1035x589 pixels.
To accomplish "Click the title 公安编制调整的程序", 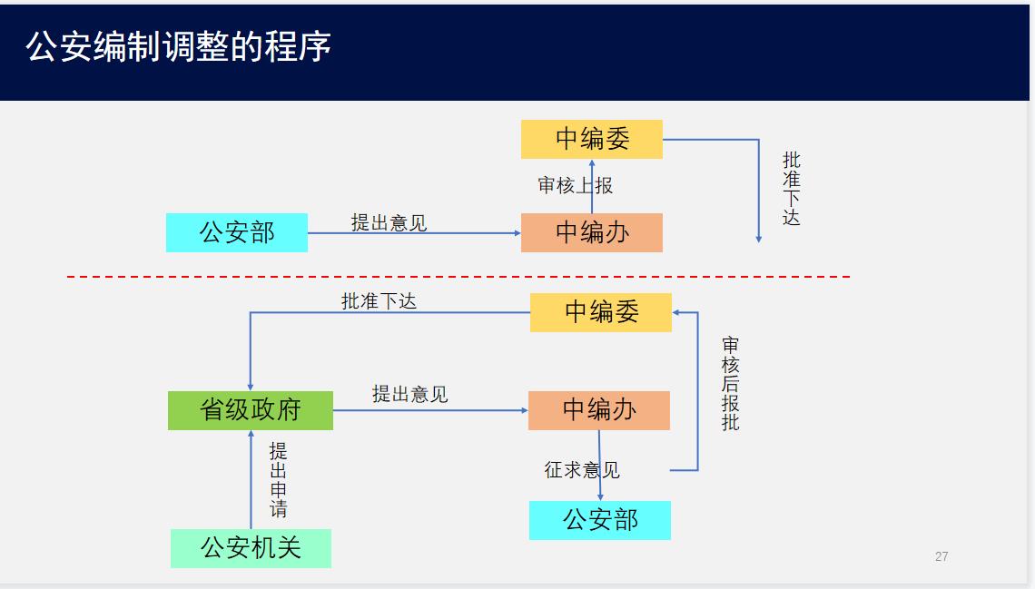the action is pos(178,47).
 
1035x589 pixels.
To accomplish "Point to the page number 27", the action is pos(941,556).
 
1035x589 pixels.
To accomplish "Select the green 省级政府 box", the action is pos(251,410).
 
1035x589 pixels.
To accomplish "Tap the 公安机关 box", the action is pos(251,548).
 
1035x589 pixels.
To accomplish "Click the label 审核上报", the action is pos(575,185).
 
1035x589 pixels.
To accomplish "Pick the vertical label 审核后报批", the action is pos(730,383).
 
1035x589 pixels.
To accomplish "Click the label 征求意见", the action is pos(582,469).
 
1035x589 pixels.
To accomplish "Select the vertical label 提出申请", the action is pos(278,479).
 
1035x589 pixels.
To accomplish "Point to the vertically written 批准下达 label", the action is pos(791,189).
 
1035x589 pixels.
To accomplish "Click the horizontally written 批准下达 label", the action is pos(379,301).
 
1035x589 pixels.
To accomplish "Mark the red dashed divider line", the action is pos(458,277).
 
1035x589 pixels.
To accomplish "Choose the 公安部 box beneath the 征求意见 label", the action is pos(600,520).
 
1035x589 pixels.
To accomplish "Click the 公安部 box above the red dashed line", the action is pos(237,232).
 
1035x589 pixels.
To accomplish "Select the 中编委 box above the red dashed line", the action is pos(592,139).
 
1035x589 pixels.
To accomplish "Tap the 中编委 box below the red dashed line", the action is pos(601,312).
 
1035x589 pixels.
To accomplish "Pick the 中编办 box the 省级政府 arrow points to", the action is pos(598,410).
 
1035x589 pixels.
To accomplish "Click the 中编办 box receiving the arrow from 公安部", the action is pos(592,232).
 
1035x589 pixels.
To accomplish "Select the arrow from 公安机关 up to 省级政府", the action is pos(251,479).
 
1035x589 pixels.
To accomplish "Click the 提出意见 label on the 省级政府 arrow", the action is pos(409,395).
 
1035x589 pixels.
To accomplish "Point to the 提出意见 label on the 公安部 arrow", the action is pos(389,223).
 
